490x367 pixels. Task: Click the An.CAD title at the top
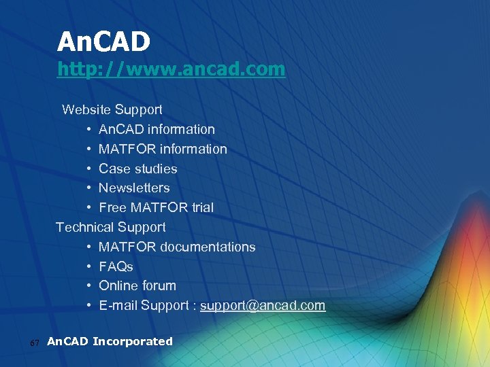103,42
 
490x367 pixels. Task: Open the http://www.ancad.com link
171,69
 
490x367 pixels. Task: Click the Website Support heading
112,109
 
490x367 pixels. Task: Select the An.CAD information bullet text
157,129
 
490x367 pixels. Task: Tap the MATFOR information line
163,149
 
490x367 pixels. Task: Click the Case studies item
137,169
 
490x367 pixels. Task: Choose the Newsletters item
134,188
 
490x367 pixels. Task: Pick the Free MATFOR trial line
156,207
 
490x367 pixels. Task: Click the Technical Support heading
111,227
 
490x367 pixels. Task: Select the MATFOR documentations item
177,247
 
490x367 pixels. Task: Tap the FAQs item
116,266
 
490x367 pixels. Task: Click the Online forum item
137,285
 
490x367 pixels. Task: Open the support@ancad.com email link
263,306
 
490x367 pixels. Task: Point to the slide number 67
36,343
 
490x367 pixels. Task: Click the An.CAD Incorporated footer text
110,341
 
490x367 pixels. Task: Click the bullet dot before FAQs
89,266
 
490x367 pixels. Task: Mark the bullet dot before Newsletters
89,188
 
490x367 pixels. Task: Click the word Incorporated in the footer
132,341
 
